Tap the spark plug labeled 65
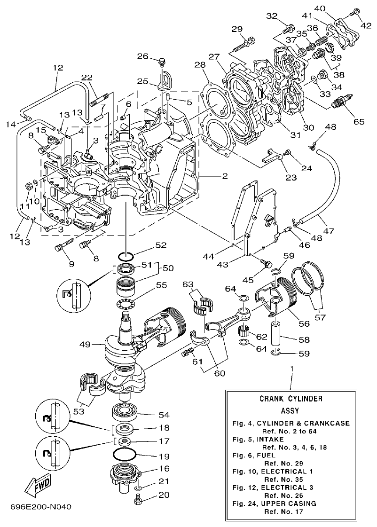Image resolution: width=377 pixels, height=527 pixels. tap(343, 100)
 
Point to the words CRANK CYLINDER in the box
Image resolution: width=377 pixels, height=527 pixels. tap(291, 399)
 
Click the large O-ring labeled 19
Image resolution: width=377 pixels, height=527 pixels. tap(126, 456)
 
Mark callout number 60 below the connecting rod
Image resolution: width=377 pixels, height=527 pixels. tap(220, 373)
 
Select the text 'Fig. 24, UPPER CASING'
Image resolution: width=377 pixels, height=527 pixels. tap(275, 503)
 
